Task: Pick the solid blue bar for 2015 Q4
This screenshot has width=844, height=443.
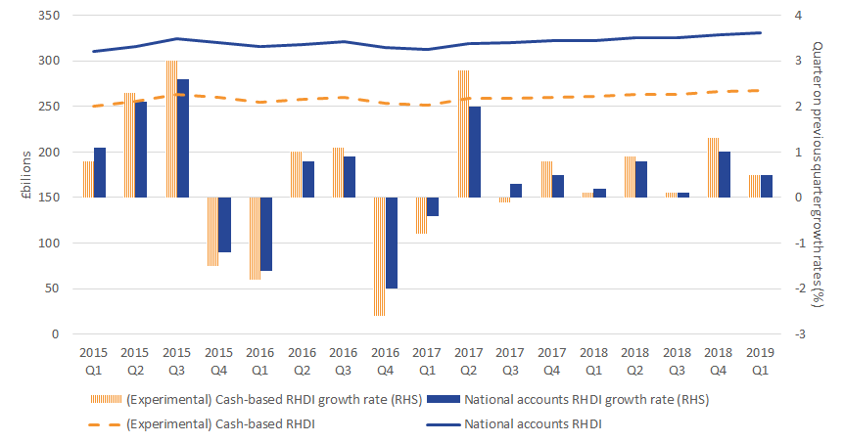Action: click(224, 225)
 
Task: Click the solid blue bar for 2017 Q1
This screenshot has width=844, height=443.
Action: click(434, 206)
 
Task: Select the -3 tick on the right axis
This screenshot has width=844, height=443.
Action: click(799, 334)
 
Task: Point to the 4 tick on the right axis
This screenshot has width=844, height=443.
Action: click(798, 16)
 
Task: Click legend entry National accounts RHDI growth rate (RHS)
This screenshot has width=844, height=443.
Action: click(586, 399)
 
